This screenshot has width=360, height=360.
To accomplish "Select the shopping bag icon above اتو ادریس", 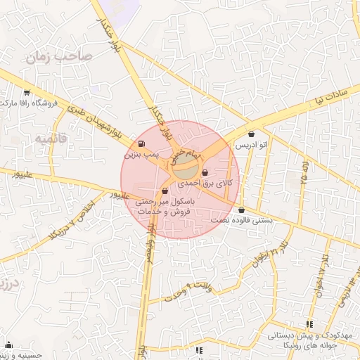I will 252,134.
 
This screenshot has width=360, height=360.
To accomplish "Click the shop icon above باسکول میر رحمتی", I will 165,190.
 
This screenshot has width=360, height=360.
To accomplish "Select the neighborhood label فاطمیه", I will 49,139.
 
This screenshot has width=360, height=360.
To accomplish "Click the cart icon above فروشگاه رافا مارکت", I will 27,93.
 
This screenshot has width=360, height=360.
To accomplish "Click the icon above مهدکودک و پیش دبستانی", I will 309,325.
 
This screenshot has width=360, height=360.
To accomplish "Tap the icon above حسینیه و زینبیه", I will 8,345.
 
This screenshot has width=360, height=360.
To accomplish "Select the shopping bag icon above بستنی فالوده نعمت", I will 241,210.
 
